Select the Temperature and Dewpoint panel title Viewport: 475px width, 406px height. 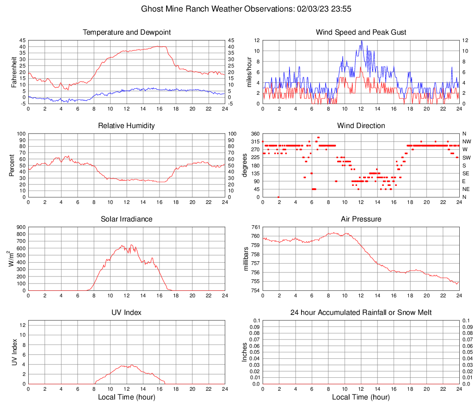coord(126,32)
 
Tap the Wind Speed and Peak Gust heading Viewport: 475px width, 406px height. coord(361,32)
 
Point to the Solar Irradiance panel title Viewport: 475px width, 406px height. coord(126,219)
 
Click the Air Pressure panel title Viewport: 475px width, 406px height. coord(361,219)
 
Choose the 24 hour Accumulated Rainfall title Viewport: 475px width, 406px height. coord(361,313)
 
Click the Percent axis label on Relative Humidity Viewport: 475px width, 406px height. coord(12,165)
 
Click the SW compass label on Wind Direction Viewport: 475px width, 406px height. coord(466,157)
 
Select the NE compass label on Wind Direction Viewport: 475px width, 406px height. coord(466,189)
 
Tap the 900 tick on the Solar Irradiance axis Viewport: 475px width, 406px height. coord(20,227)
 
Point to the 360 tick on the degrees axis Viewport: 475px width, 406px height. coord(255,134)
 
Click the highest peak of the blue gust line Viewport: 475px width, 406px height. coord(361,41)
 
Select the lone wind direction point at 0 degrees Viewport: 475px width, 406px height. coord(278,197)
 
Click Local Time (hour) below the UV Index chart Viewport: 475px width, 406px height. coord(126,397)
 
